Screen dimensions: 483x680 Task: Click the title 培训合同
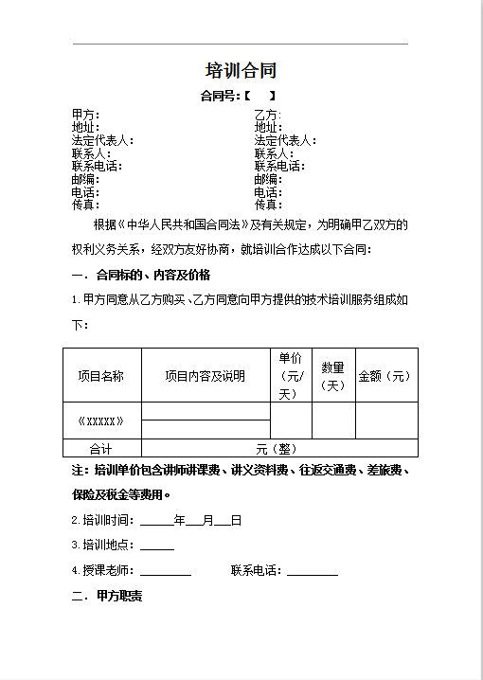click(241, 71)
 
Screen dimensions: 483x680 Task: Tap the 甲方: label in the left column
click(85, 116)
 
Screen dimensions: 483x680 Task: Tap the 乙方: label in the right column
click(267, 116)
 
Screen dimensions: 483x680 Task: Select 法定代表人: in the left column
click(102, 141)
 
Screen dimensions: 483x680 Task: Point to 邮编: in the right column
click(267, 179)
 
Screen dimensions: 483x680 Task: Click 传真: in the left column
click(85, 205)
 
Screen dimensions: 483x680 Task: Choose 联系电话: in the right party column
click(279, 167)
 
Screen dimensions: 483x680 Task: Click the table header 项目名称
click(100, 376)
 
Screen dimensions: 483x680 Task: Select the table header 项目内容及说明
click(205, 376)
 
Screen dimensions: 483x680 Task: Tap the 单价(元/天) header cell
click(290, 375)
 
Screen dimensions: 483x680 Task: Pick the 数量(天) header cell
click(332, 376)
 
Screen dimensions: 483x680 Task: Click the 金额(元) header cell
click(385, 376)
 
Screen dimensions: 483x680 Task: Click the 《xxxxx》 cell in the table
click(100, 421)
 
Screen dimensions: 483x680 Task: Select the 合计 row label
click(100, 449)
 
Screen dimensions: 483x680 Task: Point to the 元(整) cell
click(277, 449)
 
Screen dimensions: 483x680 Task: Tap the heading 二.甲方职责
click(106, 597)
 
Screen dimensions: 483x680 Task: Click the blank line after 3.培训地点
click(157, 547)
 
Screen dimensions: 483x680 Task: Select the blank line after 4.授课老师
click(166, 573)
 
